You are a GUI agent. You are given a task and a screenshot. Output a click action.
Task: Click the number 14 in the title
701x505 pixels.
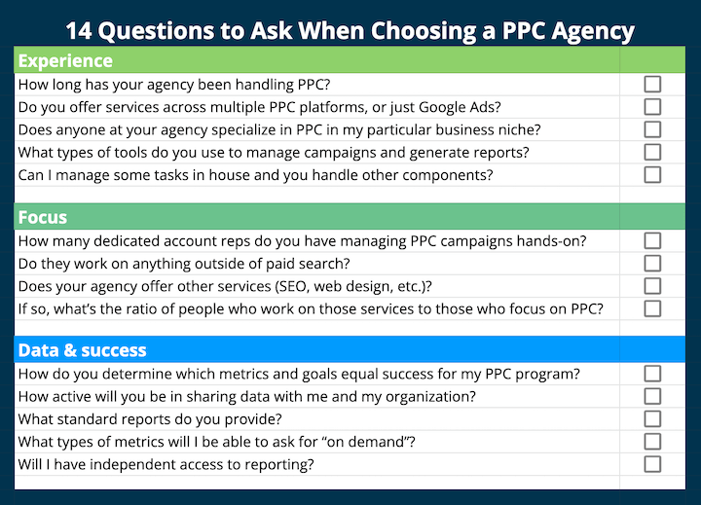(x=81, y=30)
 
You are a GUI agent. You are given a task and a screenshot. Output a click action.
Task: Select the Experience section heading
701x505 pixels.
(x=65, y=61)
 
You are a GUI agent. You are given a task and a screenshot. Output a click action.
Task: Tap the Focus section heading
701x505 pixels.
(x=43, y=216)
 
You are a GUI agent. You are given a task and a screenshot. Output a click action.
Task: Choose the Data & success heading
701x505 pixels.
(x=82, y=350)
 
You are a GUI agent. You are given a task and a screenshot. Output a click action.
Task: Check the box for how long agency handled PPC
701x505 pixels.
(x=652, y=85)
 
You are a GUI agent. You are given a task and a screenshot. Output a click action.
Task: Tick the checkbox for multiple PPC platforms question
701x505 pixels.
(x=652, y=107)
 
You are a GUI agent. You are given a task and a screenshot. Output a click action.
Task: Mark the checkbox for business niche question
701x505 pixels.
(x=652, y=129)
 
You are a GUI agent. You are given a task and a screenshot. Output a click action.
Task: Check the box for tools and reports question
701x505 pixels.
(x=652, y=152)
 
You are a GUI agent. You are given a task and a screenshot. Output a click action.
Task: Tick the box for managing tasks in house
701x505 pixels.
(x=652, y=174)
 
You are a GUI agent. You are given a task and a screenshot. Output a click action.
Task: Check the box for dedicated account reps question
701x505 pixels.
(x=652, y=240)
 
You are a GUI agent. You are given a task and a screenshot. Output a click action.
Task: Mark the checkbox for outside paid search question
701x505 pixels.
(x=652, y=263)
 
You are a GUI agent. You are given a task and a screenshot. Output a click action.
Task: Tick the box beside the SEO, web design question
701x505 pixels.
(x=652, y=286)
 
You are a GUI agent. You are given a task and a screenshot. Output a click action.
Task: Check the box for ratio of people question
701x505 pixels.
(x=652, y=308)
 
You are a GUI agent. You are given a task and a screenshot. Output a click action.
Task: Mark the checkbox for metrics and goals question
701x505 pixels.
(x=652, y=374)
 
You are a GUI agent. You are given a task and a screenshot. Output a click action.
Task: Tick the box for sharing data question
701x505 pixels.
(x=652, y=396)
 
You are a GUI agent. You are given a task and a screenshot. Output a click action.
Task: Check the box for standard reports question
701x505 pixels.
(x=652, y=418)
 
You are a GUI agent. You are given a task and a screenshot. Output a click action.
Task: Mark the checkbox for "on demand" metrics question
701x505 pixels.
(x=652, y=442)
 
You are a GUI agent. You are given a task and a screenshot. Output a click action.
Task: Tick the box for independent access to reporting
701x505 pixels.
(x=652, y=464)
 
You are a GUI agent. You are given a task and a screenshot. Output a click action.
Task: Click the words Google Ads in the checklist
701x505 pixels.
(x=461, y=107)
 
